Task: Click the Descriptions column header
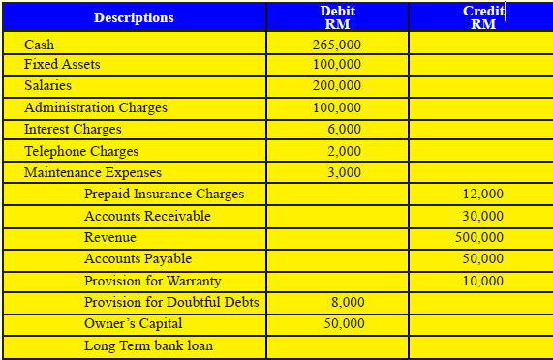click(135, 17)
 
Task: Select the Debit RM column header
click(337, 17)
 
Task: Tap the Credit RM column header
click(482, 17)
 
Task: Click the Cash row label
click(40, 45)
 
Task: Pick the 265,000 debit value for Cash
click(337, 45)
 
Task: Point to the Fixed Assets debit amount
click(337, 65)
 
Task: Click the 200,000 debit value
click(337, 86)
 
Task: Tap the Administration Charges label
click(95, 107)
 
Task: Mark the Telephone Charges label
click(81, 151)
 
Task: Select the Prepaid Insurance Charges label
click(164, 195)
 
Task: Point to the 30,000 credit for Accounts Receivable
click(482, 216)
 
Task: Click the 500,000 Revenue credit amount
click(479, 237)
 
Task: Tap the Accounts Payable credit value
click(482, 258)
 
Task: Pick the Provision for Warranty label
click(152, 281)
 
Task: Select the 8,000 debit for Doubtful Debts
click(347, 303)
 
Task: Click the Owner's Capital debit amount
click(344, 323)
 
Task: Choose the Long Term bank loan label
click(148, 345)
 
